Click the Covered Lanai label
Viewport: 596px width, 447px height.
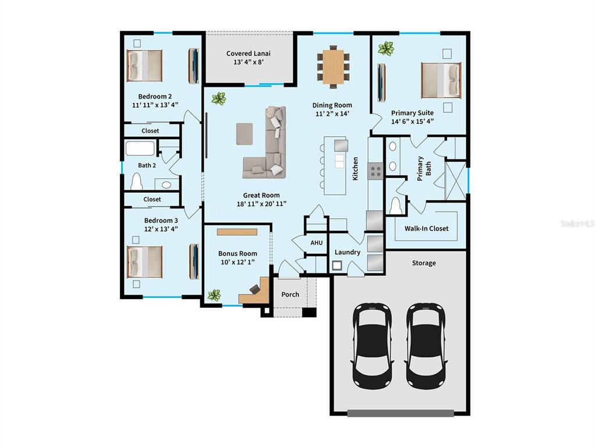tap(249, 54)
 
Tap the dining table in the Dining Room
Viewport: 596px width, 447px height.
tap(334, 66)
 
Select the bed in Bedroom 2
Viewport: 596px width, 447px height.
tap(144, 65)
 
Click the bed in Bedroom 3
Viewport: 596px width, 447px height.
tap(144, 262)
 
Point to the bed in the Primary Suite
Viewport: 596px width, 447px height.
tap(441, 80)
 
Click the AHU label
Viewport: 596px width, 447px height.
tap(316, 243)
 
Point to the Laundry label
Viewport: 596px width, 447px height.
tap(347, 252)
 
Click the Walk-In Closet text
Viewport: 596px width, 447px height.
tap(427, 229)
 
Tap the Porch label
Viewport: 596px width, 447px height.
tap(290, 295)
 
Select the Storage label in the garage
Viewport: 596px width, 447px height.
tap(424, 263)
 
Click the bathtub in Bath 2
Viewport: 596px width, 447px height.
tap(140, 148)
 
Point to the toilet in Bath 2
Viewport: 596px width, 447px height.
tap(137, 183)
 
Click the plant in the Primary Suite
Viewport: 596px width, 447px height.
tap(385, 48)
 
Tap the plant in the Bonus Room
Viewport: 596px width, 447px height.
tap(215, 295)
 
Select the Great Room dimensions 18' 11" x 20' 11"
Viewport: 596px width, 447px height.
tap(261, 204)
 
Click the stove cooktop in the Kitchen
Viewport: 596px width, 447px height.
tap(376, 171)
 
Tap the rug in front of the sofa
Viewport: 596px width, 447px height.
tap(245, 133)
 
